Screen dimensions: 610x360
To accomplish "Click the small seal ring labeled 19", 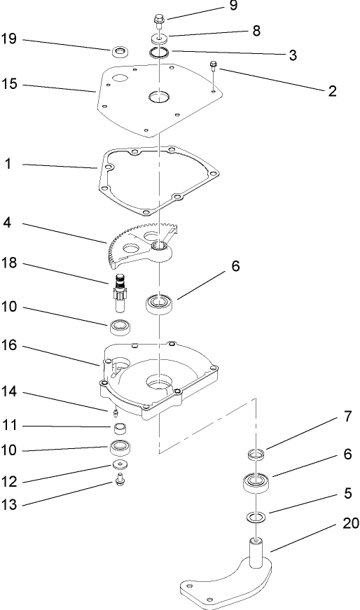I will pyautogui.click(x=120, y=51).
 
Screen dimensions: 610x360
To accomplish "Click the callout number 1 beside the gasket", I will pyautogui.click(x=8, y=165).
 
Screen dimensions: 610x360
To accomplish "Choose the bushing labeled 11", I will pyautogui.click(x=120, y=429).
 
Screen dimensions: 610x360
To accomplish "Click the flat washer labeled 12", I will pyautogui.click(x=120, y=465).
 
